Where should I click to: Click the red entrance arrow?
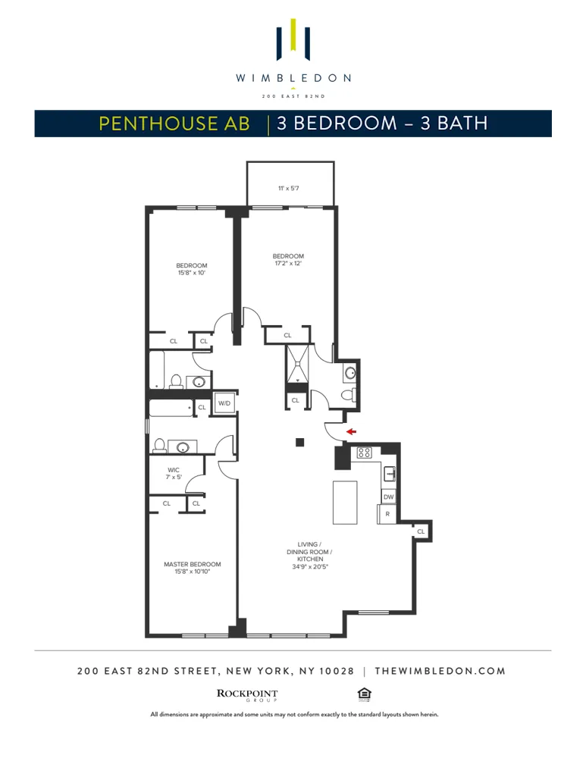(351, 431)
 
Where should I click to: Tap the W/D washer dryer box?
(224, 403)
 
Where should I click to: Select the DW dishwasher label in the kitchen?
(388, 496)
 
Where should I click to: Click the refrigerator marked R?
(387, 514)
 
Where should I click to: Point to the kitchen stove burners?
(364, 453)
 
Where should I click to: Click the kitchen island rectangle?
(345, 502)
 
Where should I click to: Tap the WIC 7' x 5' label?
(174, 474)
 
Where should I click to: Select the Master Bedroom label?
(193, 568)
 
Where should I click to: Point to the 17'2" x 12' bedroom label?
(288, 259)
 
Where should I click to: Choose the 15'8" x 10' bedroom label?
(192, 268)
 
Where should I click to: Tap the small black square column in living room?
(300, 443)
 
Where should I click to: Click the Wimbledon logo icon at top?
(293, 42)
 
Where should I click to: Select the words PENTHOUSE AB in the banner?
(174, 124)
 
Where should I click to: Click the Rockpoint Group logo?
(247, 695)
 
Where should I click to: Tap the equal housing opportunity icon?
(364, 694)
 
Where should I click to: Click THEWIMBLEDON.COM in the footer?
(440, 671)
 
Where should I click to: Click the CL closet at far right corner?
(421, 532)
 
